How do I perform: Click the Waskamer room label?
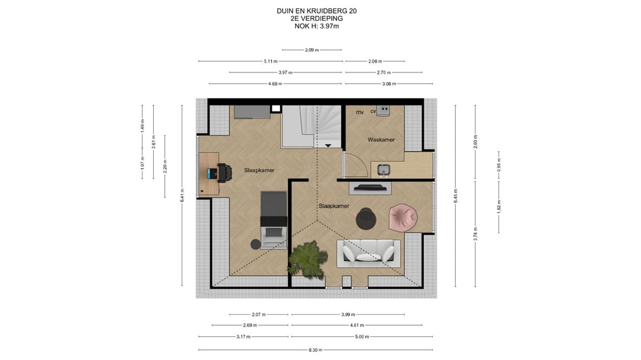coord(381,140)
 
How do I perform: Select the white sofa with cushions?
coord(369,253)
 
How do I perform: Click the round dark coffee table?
coord(366,219)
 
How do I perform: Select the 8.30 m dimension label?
coord(315,350)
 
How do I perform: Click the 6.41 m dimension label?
coord(182,195)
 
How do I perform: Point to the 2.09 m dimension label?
coord(312,50)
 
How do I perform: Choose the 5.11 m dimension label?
coord(270,61)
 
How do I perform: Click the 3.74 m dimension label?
coord(475,234)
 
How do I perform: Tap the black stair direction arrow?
coord(328,145)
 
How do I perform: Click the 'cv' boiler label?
coord(373,111)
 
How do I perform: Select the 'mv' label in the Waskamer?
coord(360,112)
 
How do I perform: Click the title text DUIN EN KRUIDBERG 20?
coord(316,11)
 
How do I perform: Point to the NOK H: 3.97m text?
coord(316,27)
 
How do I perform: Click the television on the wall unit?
coord(370,187)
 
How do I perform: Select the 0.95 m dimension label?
coord(499,165)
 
